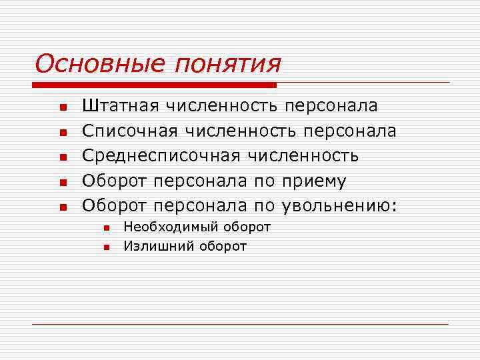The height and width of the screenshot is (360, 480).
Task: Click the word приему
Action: point(313,181)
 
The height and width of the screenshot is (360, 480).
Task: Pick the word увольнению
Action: point(339,206)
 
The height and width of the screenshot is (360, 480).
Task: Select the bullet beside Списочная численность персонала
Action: point(62,132)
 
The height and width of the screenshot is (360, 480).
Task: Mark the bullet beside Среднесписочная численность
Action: point(62,157)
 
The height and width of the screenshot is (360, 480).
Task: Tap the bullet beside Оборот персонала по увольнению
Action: point(62,207)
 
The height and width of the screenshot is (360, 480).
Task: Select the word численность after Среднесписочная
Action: point(303,156)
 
